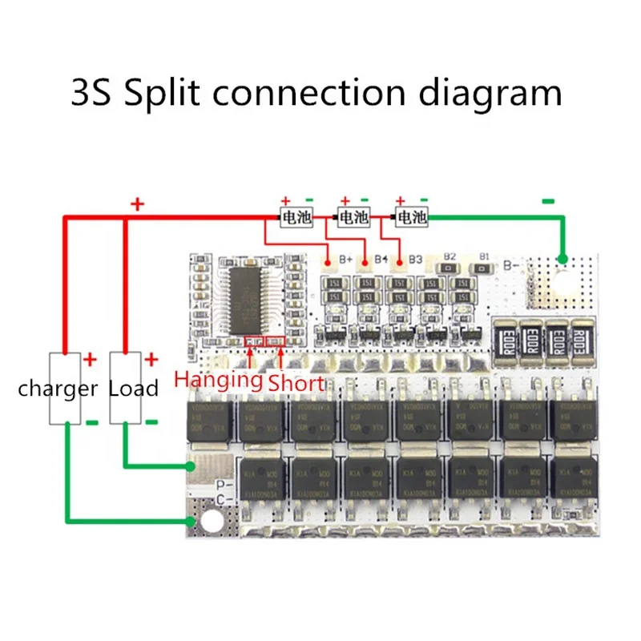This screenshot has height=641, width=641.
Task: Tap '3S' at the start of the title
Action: [94, 93]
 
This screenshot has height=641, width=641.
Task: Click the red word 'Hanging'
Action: [218, 379]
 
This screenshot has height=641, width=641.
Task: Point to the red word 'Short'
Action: [296, 383]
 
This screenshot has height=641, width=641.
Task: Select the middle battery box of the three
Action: [353, 217]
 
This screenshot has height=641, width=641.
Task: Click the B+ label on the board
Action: [347, 260]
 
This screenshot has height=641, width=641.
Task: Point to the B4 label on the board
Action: [381, 260]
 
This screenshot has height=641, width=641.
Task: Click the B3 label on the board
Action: [415, 260]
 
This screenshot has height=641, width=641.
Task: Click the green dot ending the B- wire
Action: [562, 259]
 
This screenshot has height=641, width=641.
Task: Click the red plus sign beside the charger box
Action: [91, 360]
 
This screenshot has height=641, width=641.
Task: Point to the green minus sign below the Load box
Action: [151, 421]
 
